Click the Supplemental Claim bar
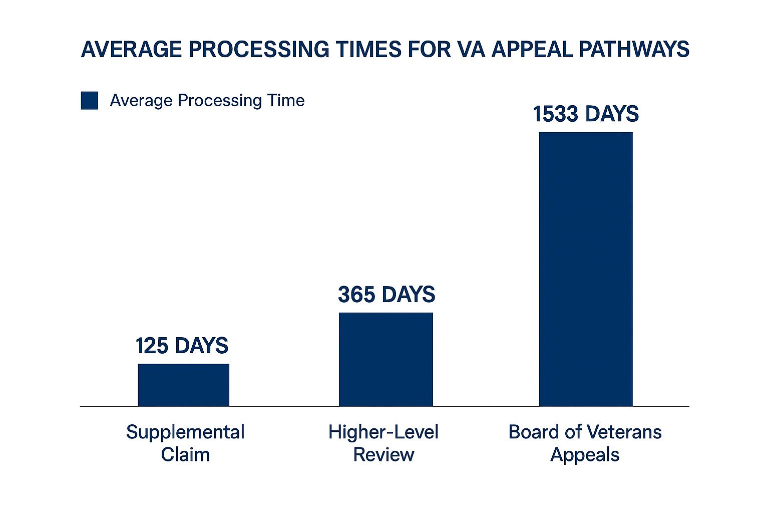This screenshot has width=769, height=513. pos(183,385)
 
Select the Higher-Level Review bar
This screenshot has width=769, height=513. pos(386,359)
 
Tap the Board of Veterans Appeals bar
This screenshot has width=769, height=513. pos(586,269)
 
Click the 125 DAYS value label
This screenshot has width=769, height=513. pos(182,346)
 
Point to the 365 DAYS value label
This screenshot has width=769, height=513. pos(387,295)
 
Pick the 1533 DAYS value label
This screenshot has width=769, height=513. pos(586,114)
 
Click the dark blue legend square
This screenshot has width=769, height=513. pos(90,101)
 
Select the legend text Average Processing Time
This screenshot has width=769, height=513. pos(207,101)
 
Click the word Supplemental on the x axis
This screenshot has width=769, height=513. pos(185,432)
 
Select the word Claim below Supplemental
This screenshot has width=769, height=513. pos(185,455)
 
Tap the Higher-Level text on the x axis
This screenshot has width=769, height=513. pos(383,432)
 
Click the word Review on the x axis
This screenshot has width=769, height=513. pos(383,455)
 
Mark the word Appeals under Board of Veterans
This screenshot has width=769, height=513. pos(585,455)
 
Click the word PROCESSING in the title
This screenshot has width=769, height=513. pos(259,50)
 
